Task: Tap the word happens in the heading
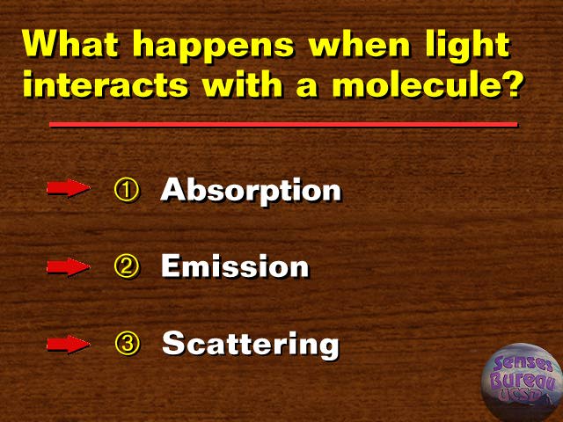click(x=213, y=47)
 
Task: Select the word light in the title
click(x=467, y=47)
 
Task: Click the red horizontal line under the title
click(x=283, y=125)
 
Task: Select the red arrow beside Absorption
click(x=69, y=187)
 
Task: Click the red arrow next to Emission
click(x=69, y=266)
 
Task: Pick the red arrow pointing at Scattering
click(x=69, y=344)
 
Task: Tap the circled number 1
click(x=126, y=190)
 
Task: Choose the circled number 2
click(x=126, y=266)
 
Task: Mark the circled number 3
click(x=127, y=344)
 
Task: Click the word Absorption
click(x=251, y=191)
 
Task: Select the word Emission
click(x=235, y=266)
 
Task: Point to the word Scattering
click(x=251, y=345)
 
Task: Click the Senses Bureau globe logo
click(x=522, y=382)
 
